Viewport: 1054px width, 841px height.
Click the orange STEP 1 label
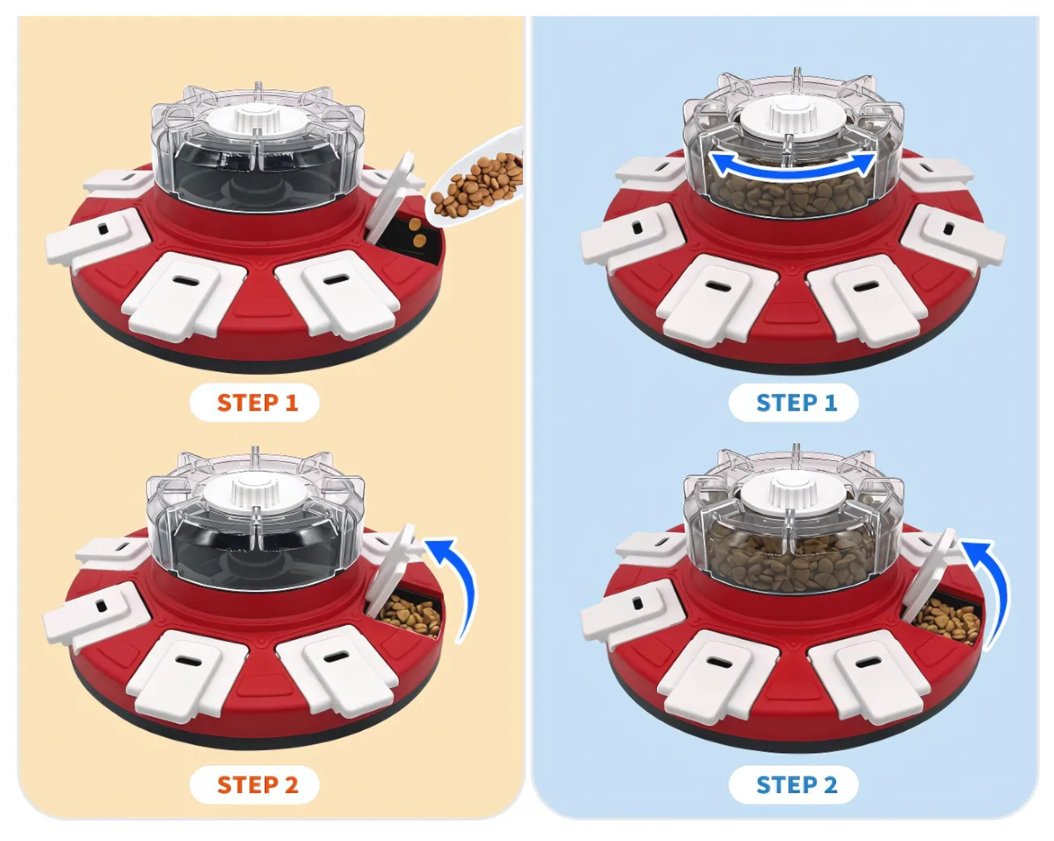coord(258,403)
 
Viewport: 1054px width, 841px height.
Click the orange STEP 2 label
coord(258,784)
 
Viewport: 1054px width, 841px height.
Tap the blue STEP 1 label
coord(796,403)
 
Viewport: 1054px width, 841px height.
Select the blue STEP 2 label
coord(796,784)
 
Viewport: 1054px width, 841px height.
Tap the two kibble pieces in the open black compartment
coord(417,232)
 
